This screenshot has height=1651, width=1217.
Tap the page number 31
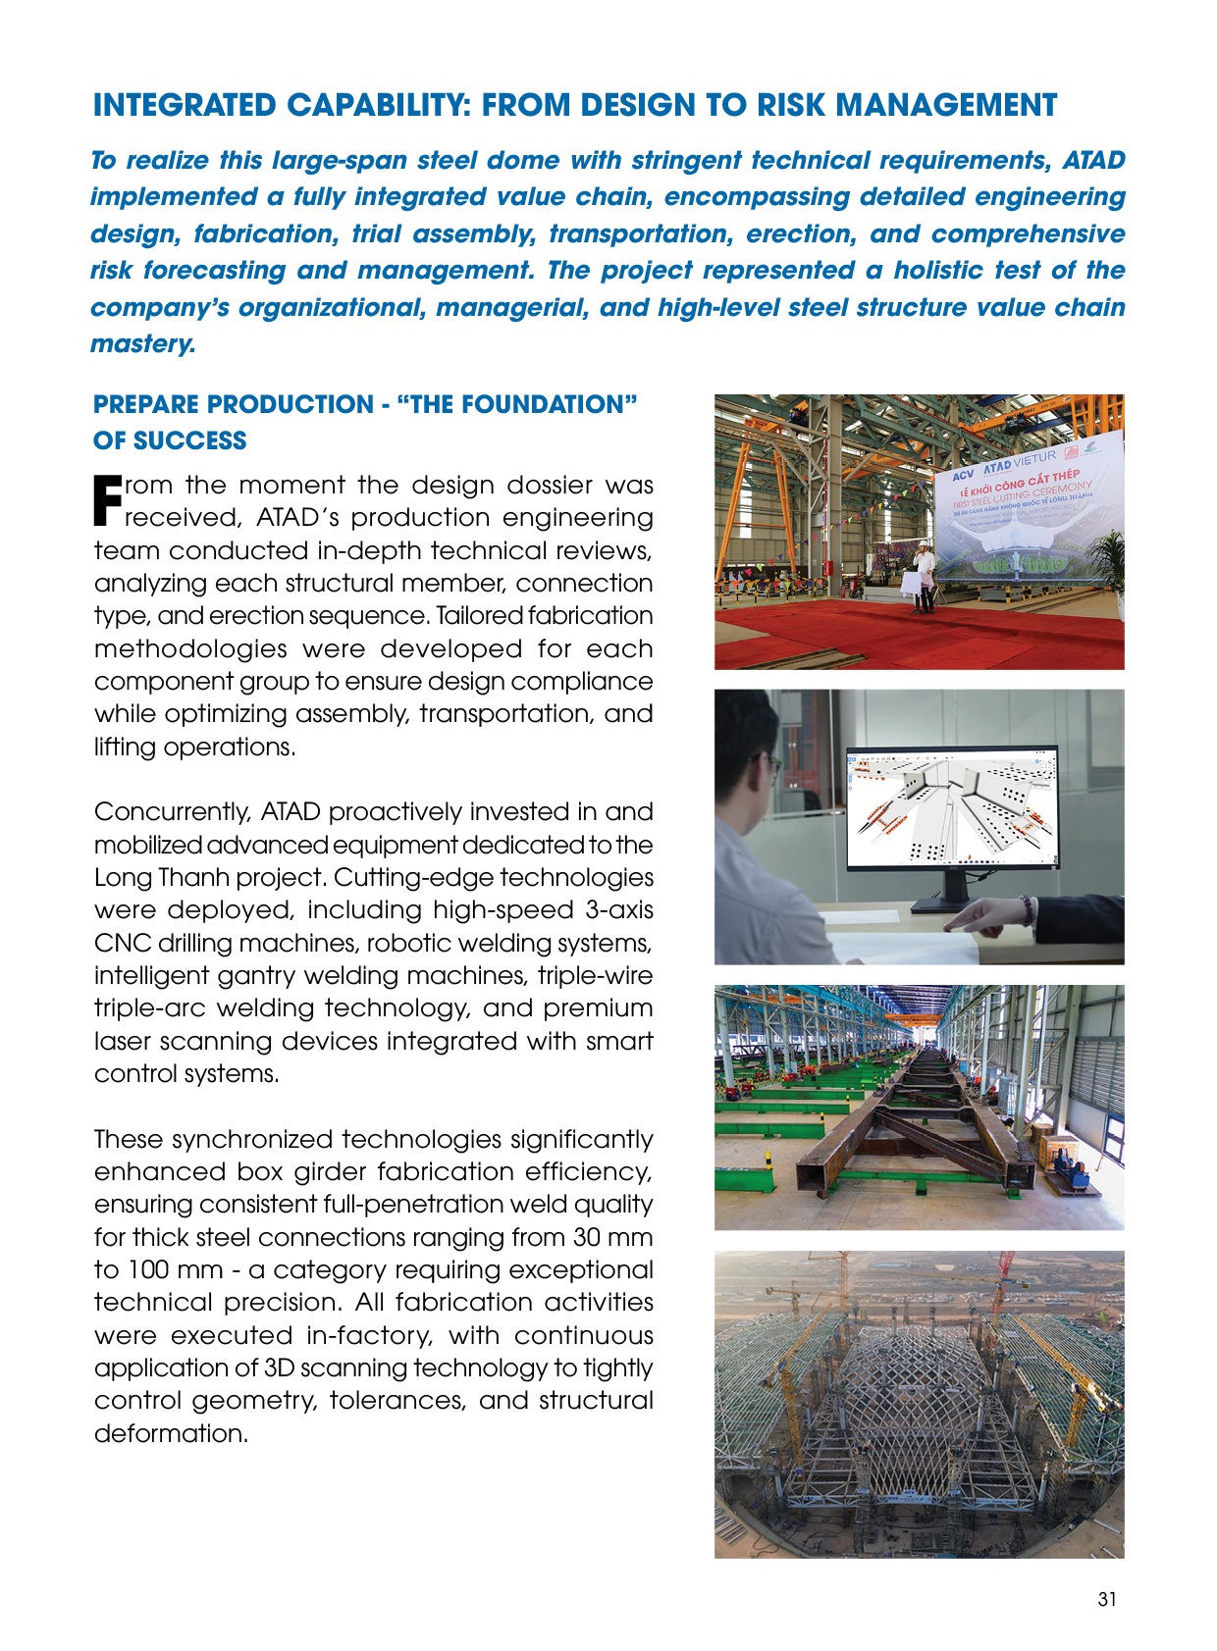(x=1107, y=1599)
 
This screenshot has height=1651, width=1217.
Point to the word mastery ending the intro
(x=141, y=344)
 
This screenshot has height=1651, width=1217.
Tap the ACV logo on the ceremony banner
(x=963, y=474)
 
